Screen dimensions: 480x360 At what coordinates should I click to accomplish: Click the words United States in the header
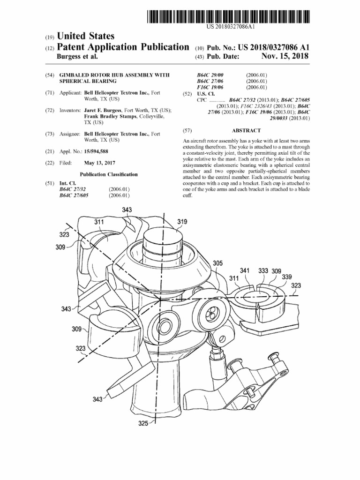point(85,36)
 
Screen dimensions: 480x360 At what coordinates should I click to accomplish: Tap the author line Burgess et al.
point(77,56)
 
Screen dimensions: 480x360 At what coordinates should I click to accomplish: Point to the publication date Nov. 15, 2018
point(285,56)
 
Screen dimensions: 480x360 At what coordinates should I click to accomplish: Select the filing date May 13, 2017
point(99,163)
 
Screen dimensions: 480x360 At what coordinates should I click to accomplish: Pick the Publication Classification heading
point(108,174)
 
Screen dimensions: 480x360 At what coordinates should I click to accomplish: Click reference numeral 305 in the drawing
point(217,263)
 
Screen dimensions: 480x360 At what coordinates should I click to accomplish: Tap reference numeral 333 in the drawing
point(263,271)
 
